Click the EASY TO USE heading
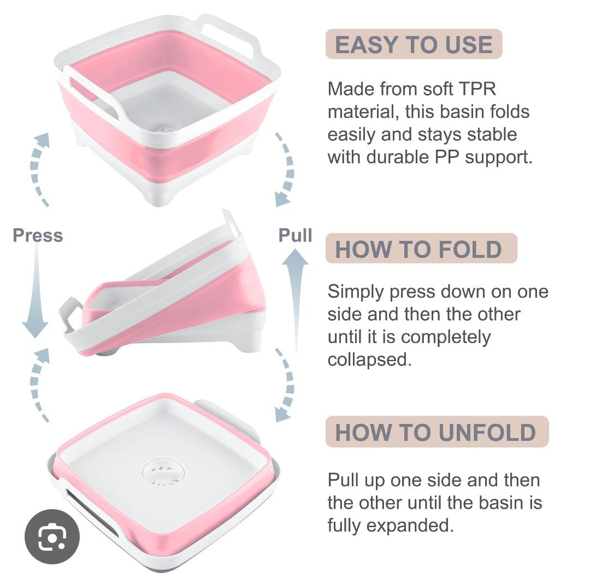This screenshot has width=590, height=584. pyautogui.click(x=414, y=44)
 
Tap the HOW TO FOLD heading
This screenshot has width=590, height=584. pyautogui.click(x=418, y=249)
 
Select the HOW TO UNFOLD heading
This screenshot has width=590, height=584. pyautogui.click(x=435, y=432)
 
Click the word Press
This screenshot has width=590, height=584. pyautogui.click(x=38, y=235)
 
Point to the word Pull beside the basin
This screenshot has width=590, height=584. pyautogui.click(x=295, y=235)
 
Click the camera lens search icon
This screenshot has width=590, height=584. pyautogui.click(x=52, y=536)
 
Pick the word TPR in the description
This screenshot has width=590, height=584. pyautogui.click(x=477, y=89)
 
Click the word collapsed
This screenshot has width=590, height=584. pyautogui.click(x=369, y=359)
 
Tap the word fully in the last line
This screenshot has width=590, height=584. pyautogui.click(x=344, y=526)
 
